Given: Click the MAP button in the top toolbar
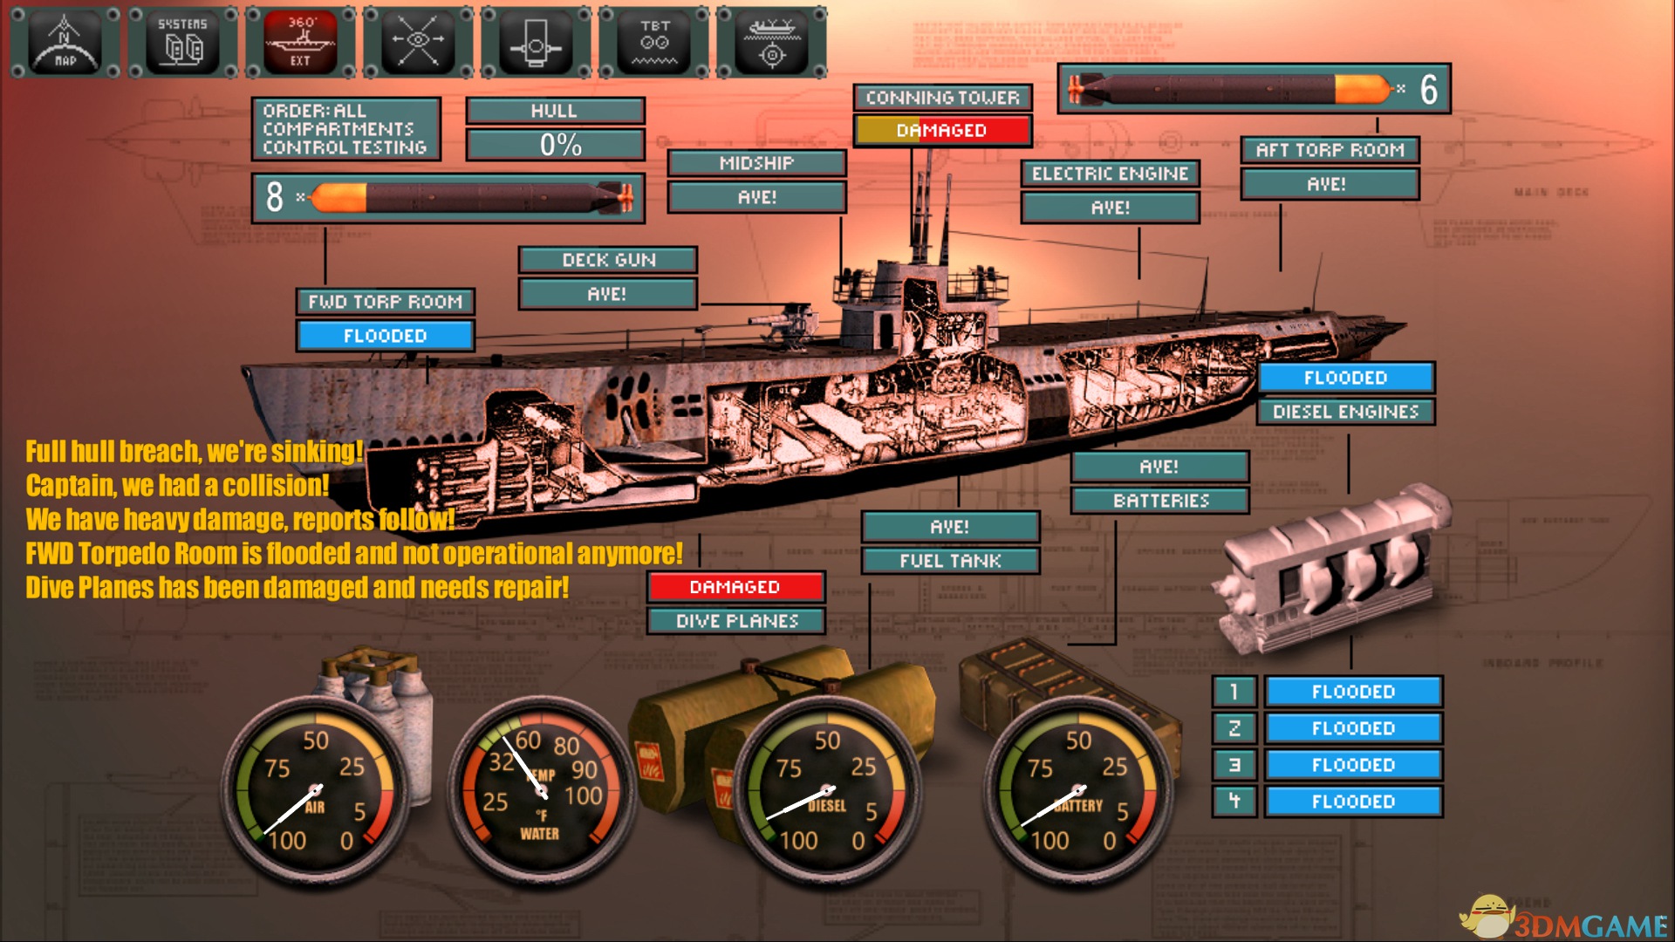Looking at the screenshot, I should pos(65,42).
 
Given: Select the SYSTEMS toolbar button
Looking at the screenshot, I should pos(182,42).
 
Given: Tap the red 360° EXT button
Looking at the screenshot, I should pos(300,42).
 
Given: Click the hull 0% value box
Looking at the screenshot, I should pos(556,145).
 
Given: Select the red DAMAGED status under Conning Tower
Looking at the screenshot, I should pos(942,131).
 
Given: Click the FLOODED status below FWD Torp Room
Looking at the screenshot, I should pos(385,336).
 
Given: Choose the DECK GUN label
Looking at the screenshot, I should pos(608,260).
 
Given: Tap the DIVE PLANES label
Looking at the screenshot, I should pos(736,621).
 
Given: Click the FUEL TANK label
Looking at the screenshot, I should pos(950,561).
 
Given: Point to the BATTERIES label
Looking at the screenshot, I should pos(1160,501).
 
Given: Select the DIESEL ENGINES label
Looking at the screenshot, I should pos(1345,412).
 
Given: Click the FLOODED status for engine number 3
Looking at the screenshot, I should pos(1353,765).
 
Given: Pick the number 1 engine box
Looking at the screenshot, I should pos(1234,692).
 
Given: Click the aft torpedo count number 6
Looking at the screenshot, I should pos(1428,89).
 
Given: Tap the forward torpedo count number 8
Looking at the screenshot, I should pos(275,197).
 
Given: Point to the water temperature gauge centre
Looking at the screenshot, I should pos(541,791).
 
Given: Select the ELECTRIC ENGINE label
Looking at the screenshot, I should pos(1110,174).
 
